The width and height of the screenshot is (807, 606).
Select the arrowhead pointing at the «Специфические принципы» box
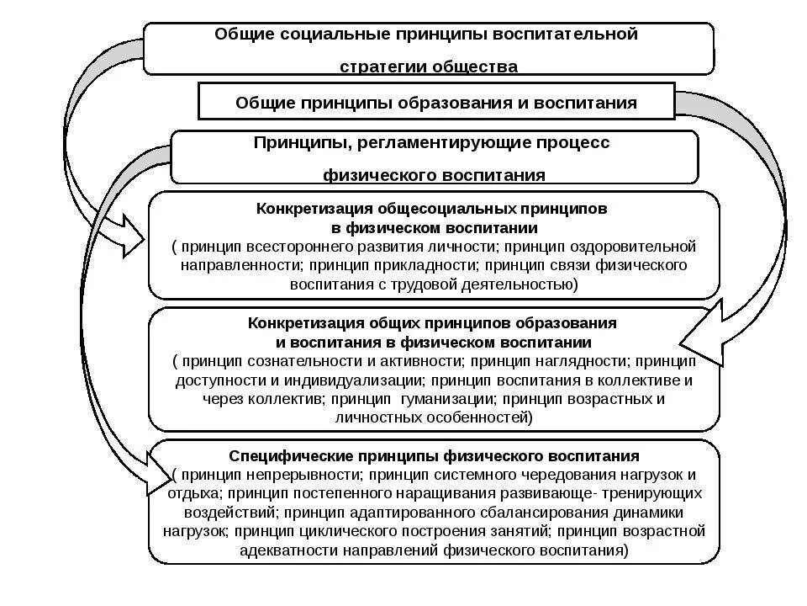[x=154, y=473]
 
